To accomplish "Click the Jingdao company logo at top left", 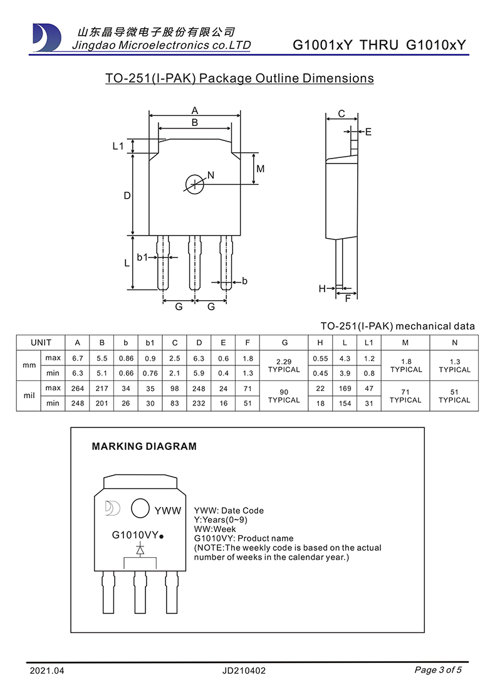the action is pyautogui.click(x=47, y=38).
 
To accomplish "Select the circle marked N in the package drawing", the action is pyautogui.click(x=195, y=184).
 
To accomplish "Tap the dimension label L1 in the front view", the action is pyautogui.click(x=118, y=146).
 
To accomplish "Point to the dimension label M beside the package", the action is pyautogui.click(x=261, y=169).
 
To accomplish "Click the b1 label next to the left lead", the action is pyautogui.click(x=142, y=257).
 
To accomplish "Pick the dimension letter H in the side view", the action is pyautogui.click(x=322, y=289).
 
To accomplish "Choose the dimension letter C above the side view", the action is pyautogui.click(x=341, y=113).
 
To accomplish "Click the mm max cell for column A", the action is pyautogui.click(x=77, y=358).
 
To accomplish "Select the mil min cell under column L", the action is pyautogui.click(x=345, y=403).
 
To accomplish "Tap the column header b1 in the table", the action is pyautogui.click(x=150, y=343).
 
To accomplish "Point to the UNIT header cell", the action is pyautogui.click(x=41, y=343).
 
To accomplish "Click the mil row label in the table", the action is pyautogui.click(x=29, y=395).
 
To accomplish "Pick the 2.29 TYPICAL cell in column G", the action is pyautogui.click(x=284, y=365).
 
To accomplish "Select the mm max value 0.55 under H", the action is pyautogui.click(x=320, y=358).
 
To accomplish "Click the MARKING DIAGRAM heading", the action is pyautogui.click(x=144, y=446).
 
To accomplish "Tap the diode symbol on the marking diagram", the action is pyautogui.click(x=140, y=549).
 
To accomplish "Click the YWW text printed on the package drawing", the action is pyautogui.click(x=168, y=511).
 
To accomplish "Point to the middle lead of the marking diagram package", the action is pyautogui.click(x=140, y=592).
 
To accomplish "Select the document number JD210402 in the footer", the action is pyautogui.click(x=244, y=671).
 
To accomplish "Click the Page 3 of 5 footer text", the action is pyautogui.click(x=438, y=670).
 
